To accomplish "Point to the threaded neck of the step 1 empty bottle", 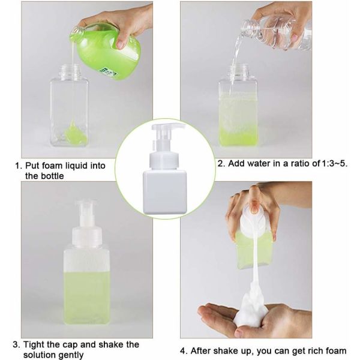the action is [x=70, y=71].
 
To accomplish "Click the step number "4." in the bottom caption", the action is [x=183, y=351].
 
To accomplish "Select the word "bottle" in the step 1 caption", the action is [x=52, y=176].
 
